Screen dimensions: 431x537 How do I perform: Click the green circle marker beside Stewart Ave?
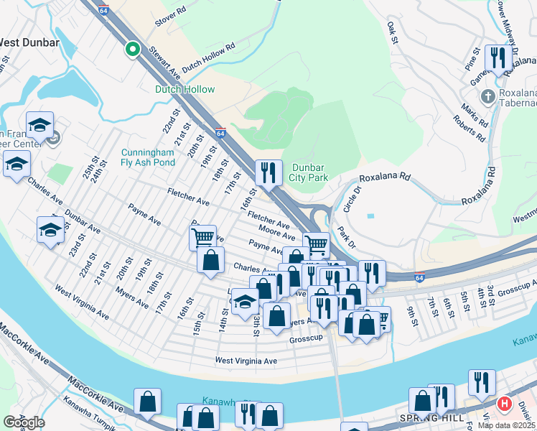point(132,49)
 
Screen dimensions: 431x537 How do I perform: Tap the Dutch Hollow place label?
point(185,89)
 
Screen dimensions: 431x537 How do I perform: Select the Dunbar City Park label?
point(309,172)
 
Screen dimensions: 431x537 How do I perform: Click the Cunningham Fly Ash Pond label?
point(148,157)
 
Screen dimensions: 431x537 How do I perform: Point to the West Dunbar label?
point(29,42)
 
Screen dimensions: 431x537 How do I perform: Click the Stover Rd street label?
point(170,18)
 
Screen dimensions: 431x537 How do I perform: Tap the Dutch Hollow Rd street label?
point(209,57)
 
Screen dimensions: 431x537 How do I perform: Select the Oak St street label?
point(392,32)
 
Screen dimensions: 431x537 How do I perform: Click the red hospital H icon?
point(504,404)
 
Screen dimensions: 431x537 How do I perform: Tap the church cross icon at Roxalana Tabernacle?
point(487,96)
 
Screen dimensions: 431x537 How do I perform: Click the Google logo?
point(24,422)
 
